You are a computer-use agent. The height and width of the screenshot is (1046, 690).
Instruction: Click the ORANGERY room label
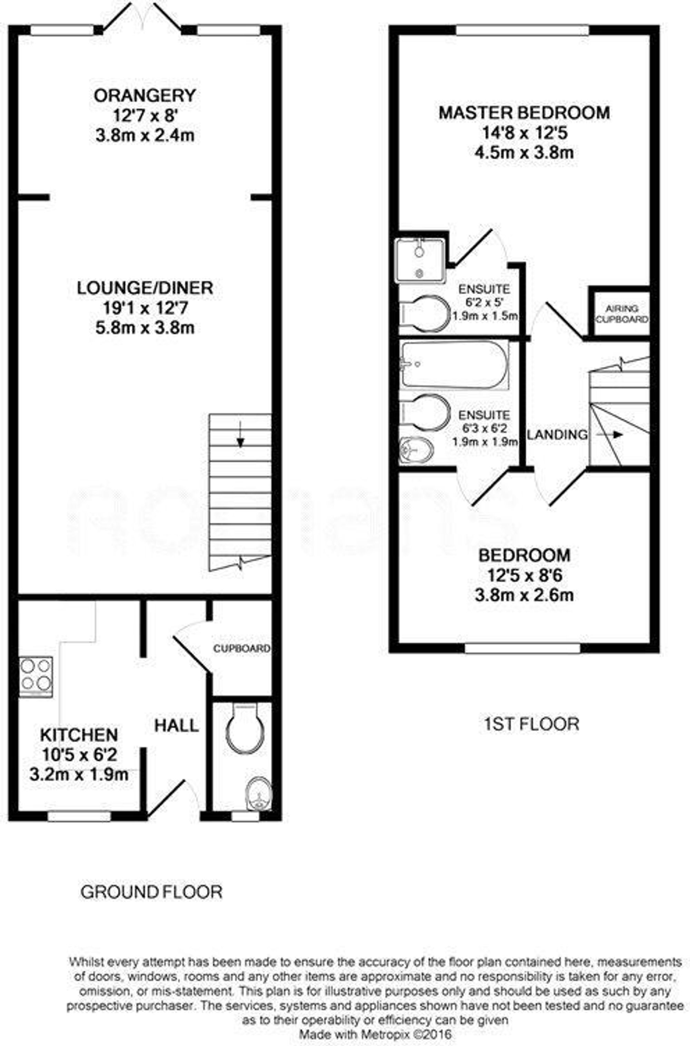[x=145, y=96]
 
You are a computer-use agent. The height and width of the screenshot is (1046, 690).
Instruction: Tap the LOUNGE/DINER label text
[x=145, y=288]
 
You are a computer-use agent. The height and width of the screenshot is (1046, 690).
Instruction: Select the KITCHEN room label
[x=79, y=734]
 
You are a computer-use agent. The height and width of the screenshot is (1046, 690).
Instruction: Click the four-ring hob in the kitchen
[x=36, y=677]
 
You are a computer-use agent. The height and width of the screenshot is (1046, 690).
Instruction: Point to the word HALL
[x=176, y=726]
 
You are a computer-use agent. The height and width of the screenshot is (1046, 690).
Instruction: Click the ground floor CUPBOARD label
[x=241, y=649]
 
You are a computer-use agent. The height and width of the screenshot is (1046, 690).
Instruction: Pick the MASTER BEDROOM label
[x=524, y=113]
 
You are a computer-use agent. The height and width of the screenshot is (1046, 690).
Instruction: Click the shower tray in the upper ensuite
[x=421, y=260]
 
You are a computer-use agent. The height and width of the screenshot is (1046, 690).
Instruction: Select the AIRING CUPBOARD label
[x=622, y=314]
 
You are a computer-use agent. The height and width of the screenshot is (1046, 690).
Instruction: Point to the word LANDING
[x=558, y=435]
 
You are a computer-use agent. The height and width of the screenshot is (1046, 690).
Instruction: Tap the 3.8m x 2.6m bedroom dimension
[x=524, y=595]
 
